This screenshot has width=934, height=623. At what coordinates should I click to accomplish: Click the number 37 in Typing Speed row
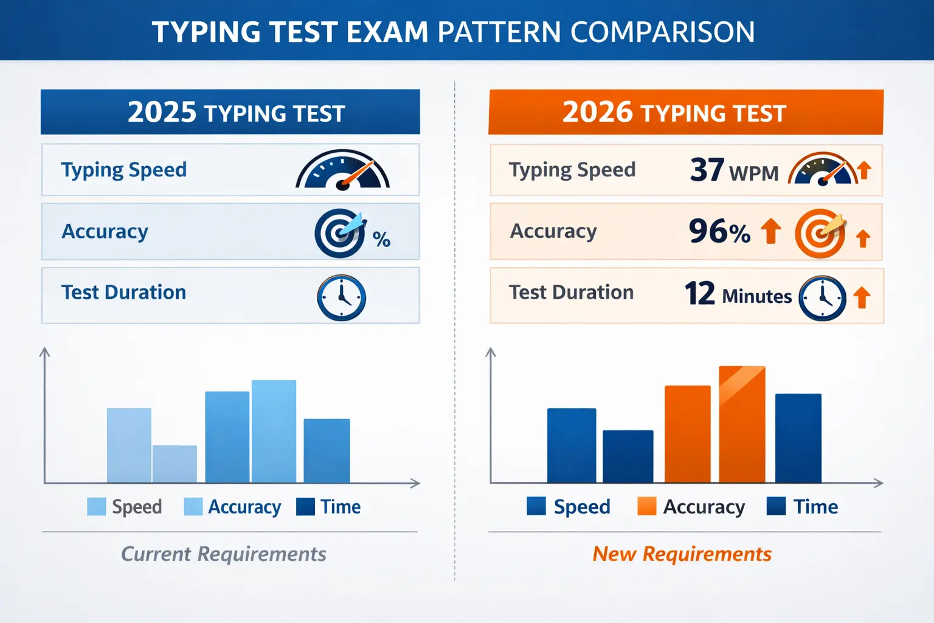(707, 170)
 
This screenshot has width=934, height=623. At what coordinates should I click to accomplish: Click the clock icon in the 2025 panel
(342, 298)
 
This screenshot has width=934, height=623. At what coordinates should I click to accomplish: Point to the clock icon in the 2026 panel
(822, 298)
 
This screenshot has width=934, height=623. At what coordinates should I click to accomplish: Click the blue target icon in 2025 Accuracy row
(341, 233)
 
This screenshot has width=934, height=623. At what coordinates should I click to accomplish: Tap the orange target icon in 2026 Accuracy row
(820, 233)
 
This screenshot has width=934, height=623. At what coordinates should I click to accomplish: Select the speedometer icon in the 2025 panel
(343, 169)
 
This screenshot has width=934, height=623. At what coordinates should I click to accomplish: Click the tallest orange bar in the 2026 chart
(742, 425)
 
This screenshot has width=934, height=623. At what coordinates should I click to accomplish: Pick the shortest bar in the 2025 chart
(175, 464)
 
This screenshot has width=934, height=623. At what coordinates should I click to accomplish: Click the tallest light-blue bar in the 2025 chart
(274, 431)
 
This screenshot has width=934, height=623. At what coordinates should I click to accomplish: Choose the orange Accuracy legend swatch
(647, 506)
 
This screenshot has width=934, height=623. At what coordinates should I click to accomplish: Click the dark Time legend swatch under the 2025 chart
(305, 507)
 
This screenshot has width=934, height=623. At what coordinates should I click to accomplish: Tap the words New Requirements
(682, 554)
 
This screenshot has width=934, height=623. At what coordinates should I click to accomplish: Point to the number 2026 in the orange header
(598, 112)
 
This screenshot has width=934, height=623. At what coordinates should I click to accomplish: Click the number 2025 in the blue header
(162, 112)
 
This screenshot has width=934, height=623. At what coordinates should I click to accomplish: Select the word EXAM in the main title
(387, 32)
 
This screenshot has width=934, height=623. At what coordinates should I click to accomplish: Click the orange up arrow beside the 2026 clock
(862, 298)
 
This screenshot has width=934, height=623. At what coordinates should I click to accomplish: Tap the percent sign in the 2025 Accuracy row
(381, 240)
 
